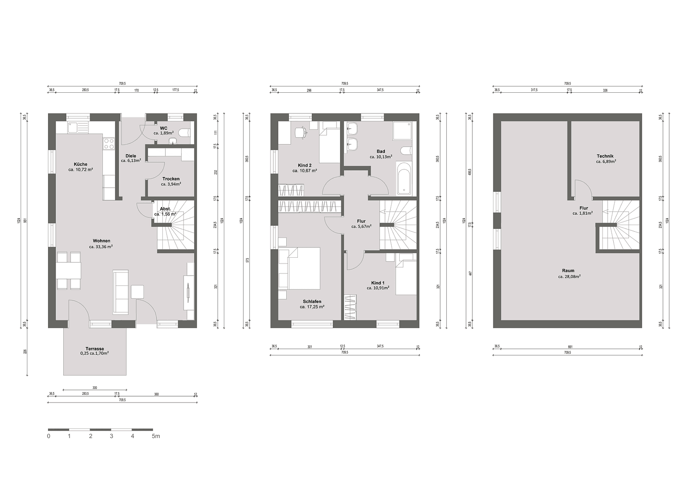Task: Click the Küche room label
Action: coord(81,164)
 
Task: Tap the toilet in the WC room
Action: coord(184,133)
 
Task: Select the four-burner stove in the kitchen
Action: coord(109,143)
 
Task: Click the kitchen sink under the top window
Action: coord(73,128)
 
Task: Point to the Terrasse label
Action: coord(95,349)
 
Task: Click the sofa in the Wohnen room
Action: coord(121,292)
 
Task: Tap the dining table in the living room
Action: coord(69,270)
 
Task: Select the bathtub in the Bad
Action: coord(404,179)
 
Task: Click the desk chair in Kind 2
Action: coord(301,132)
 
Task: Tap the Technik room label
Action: coord(605,156)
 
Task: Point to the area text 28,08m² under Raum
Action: coord(569,277)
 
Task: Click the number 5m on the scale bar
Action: coord(155,436)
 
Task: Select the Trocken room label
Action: coord(171,179)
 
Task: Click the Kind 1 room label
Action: coord(378,283)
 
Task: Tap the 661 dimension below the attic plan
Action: coord(570,346)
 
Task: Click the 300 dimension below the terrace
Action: coord(95,388)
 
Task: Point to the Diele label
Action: coord(131,156)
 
